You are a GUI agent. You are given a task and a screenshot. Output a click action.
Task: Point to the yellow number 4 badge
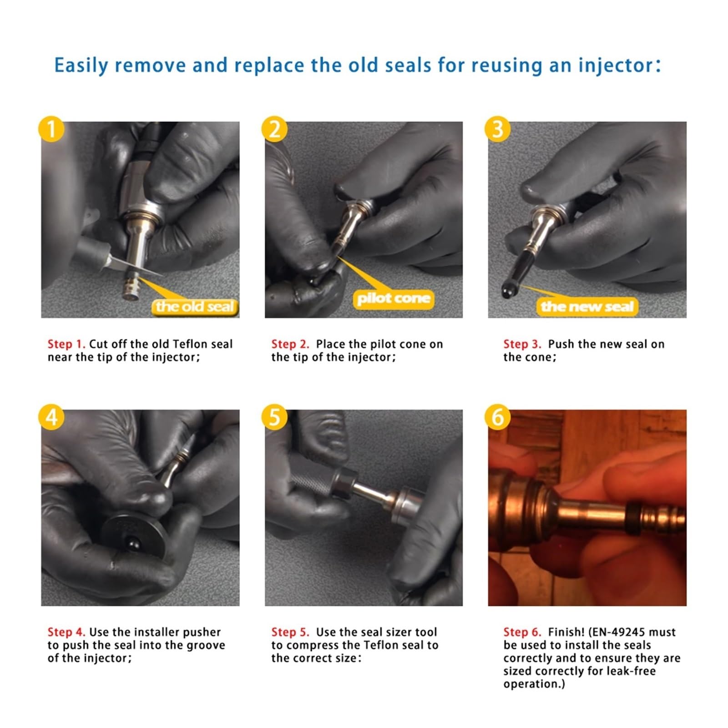[x=51, y=417]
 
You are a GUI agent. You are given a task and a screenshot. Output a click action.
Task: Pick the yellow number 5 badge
[x=274, y=417]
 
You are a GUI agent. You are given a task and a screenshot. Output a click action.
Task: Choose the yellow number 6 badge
[x=498, y=417]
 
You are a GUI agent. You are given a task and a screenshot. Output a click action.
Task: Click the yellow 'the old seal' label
[x=195, y=307]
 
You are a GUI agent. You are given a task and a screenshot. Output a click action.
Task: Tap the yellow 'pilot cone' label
[x=394, y=298]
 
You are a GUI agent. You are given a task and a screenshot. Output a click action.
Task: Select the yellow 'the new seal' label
[x=587, y=307]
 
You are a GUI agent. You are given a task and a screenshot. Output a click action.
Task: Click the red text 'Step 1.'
[x=66, y=344]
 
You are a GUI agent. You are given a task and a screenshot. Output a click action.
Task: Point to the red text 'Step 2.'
[x=290, y=344]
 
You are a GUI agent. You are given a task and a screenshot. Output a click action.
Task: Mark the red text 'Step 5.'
[x=290, y=632]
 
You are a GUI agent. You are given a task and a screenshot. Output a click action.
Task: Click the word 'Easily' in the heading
[x=81, y=66]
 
